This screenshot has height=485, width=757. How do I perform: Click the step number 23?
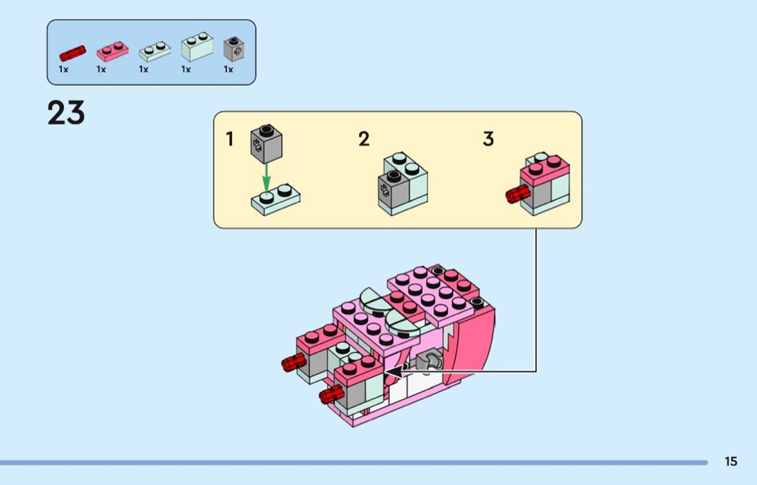point(66,113)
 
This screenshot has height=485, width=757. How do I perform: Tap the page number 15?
point(731,461)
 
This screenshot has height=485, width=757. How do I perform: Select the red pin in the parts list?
point(72,53)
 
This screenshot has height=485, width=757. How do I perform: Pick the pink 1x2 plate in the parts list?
point(112,51)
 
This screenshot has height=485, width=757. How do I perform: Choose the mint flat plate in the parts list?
point(155,51)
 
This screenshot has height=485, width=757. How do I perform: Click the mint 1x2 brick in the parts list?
point(197,47)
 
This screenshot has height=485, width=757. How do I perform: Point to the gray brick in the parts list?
point(234,49)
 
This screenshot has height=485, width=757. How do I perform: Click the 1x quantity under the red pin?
point(63,69)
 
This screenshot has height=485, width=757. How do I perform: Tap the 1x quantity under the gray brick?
point(229,69)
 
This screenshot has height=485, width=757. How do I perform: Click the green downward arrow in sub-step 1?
point(266,179)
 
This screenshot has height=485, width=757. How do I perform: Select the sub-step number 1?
point(230,139)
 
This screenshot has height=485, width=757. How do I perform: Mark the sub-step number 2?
point(364,139)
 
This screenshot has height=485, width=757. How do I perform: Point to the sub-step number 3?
point(488,139)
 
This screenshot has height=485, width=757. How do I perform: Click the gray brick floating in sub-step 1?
point(267,144)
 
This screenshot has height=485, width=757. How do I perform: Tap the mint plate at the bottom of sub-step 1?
point(275,200)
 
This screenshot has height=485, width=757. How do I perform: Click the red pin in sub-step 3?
point(518,195)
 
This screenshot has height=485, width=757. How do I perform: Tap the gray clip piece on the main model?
point(428,361)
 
